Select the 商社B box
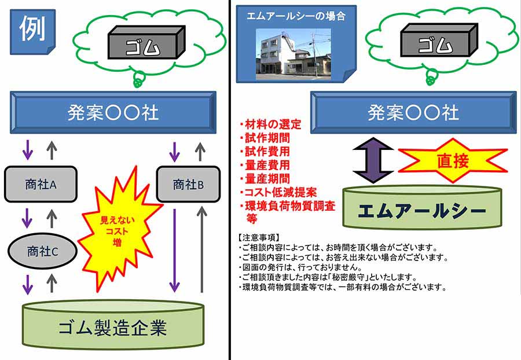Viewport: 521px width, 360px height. click(x=188, y=185)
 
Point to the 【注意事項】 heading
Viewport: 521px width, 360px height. click(x=259, y=237)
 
